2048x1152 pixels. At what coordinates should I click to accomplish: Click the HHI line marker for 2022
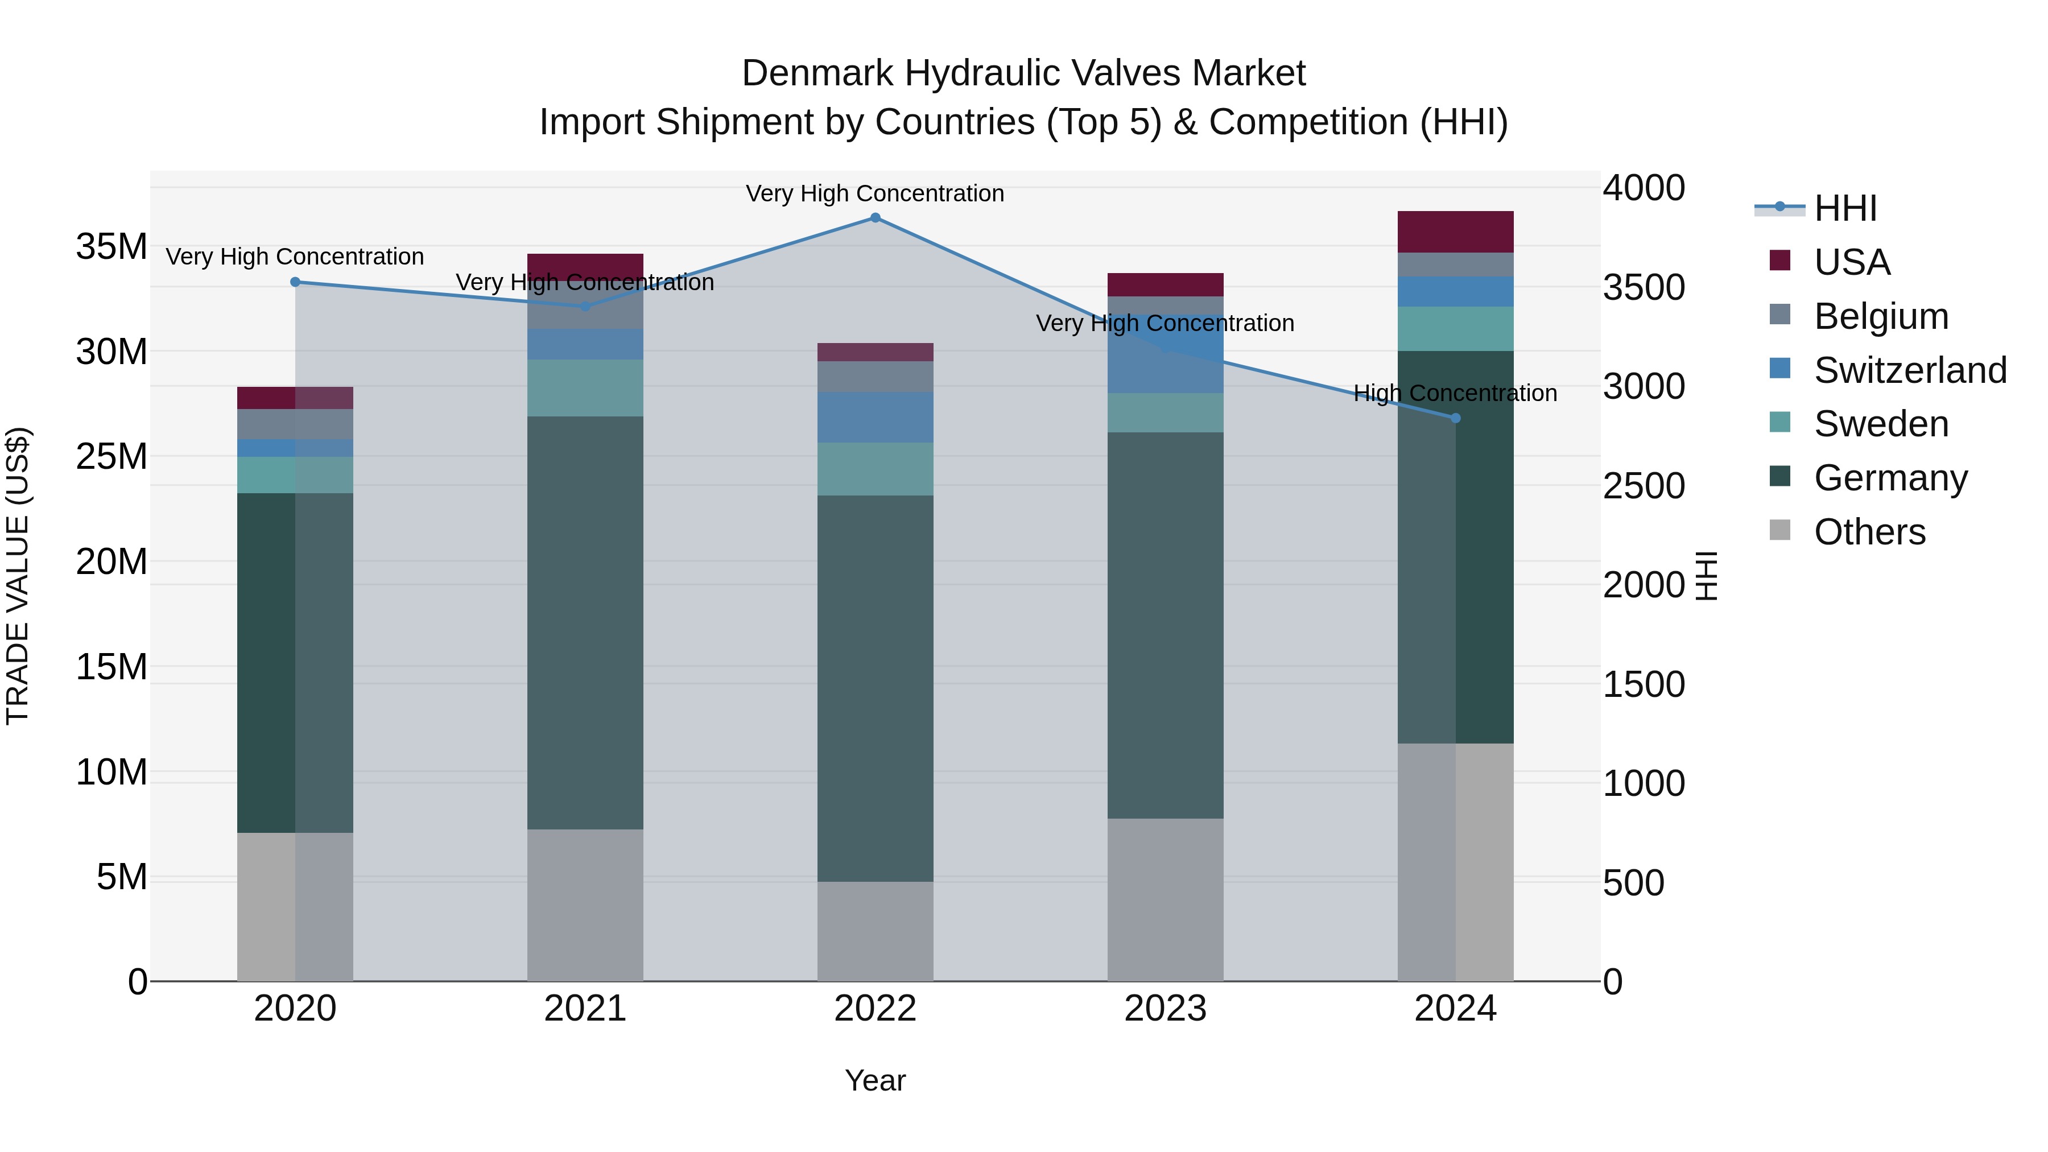tap(876, 218)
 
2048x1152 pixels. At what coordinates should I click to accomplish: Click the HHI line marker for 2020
tap(295, 282)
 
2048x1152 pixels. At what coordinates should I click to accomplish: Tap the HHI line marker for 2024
tap(1456, 418)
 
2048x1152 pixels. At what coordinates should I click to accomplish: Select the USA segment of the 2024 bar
tap(1456, 232)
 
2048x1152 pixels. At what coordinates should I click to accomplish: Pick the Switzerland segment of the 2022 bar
tap(876, 418)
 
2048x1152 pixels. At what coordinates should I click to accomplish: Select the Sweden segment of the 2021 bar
tap(585, 388)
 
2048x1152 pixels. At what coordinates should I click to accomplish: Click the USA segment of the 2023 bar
tap(1166, 284)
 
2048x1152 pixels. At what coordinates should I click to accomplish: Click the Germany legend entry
tap(1890, 478)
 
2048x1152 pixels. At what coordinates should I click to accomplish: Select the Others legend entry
tap(1869, 532)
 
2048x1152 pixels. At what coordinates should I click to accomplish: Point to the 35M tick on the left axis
tap(112, 246)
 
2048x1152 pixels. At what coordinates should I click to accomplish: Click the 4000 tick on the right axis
tap(1644, 188)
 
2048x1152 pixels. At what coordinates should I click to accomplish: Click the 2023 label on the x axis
tap(1166, 1009)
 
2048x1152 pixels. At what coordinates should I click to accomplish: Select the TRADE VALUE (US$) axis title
tap(18, 576)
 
